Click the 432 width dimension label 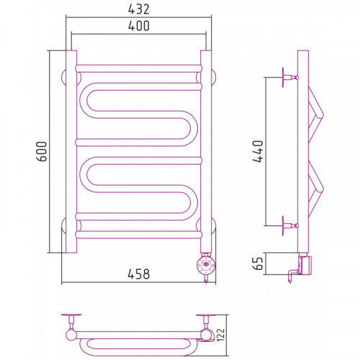pos(139,9)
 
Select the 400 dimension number pos(139,26)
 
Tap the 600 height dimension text pos(42,151)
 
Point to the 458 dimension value pos(139,274)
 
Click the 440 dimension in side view pos(258,151)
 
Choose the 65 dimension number pos(258,264)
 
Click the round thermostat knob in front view pos(206,265)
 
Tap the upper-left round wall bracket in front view pos(64,78)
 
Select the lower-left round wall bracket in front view pos(64,226)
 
